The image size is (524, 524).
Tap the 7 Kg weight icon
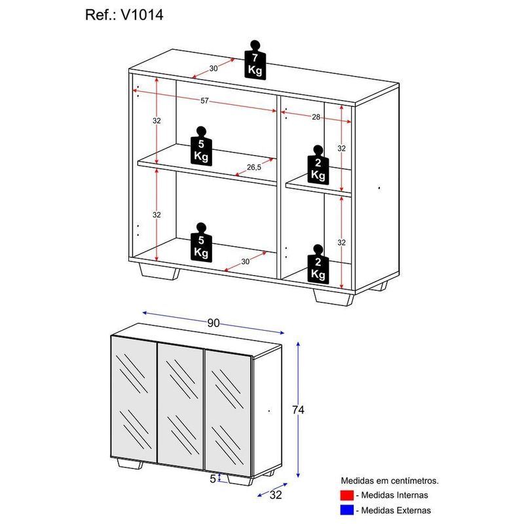coord(255,61)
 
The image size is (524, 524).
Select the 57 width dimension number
coord(204,101)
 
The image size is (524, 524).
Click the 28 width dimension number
coord(315,116)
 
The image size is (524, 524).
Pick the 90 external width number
coord(213,323)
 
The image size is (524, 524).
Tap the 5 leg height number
coord(213,479)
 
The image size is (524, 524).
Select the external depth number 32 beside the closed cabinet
coord(276,495)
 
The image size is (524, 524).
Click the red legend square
coord(346,495)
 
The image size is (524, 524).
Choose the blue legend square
coord(346,510)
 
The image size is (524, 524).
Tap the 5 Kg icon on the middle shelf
coord(201,145)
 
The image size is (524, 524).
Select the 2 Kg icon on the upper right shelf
coord(318,164)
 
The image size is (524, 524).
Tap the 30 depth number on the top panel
coord(214,69)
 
